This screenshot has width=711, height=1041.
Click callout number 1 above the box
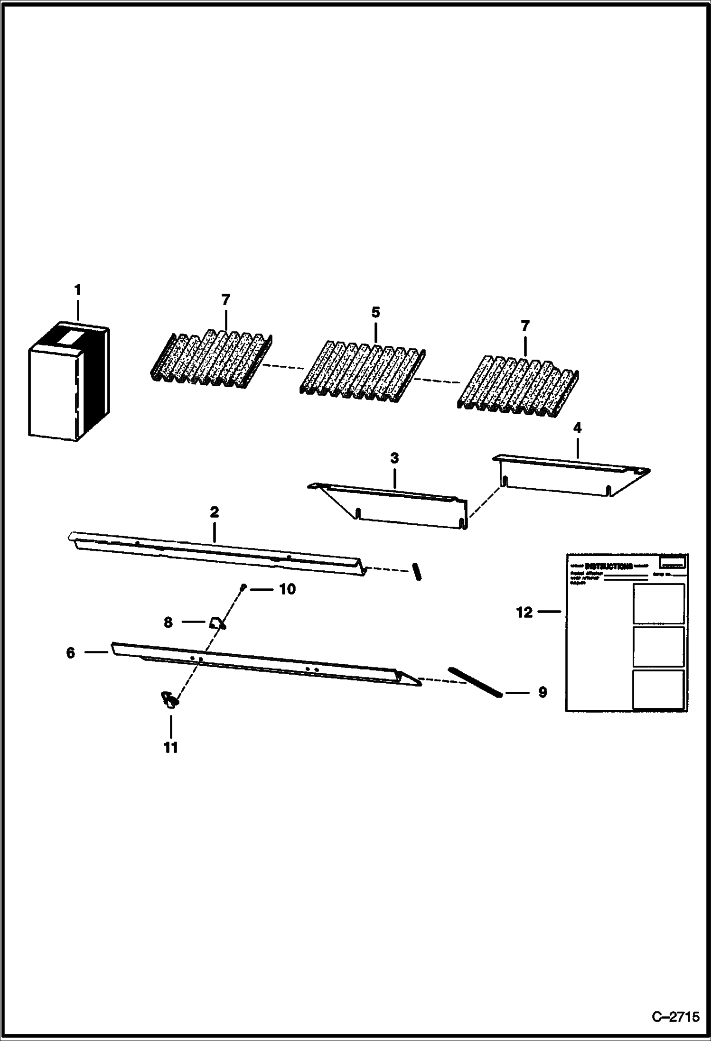click(x=78, y=289)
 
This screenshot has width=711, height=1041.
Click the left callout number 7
click(x=225, y=300)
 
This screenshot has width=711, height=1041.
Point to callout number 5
click(x=375, y=312)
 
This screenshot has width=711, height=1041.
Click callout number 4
click(x=577, y=428)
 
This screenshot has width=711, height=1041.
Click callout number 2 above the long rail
click(x=214, y=512)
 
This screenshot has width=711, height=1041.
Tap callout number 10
click(x=287, y=589)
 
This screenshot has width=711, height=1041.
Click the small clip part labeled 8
click(x=217, y=623)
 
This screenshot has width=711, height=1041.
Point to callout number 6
click(x=70, y=653)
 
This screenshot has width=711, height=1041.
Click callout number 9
click(x=542, y=692)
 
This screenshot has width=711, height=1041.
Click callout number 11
click(x=170, y=747)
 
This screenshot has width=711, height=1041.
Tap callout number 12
click(x=524, y=613)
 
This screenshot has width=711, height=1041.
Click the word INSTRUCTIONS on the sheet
click(x=608, y=566)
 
